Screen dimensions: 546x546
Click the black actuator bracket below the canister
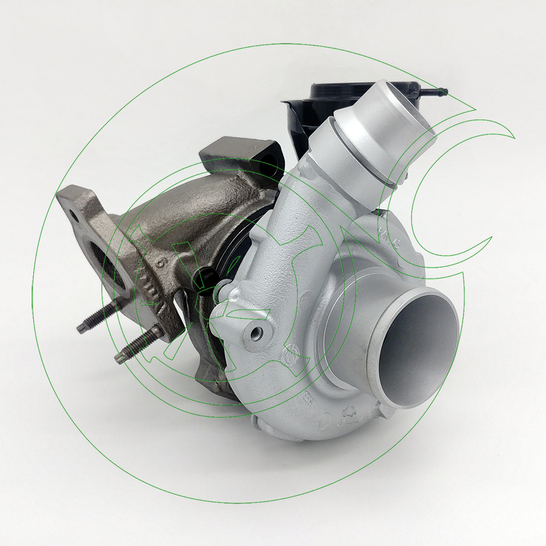coord(298,126)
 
